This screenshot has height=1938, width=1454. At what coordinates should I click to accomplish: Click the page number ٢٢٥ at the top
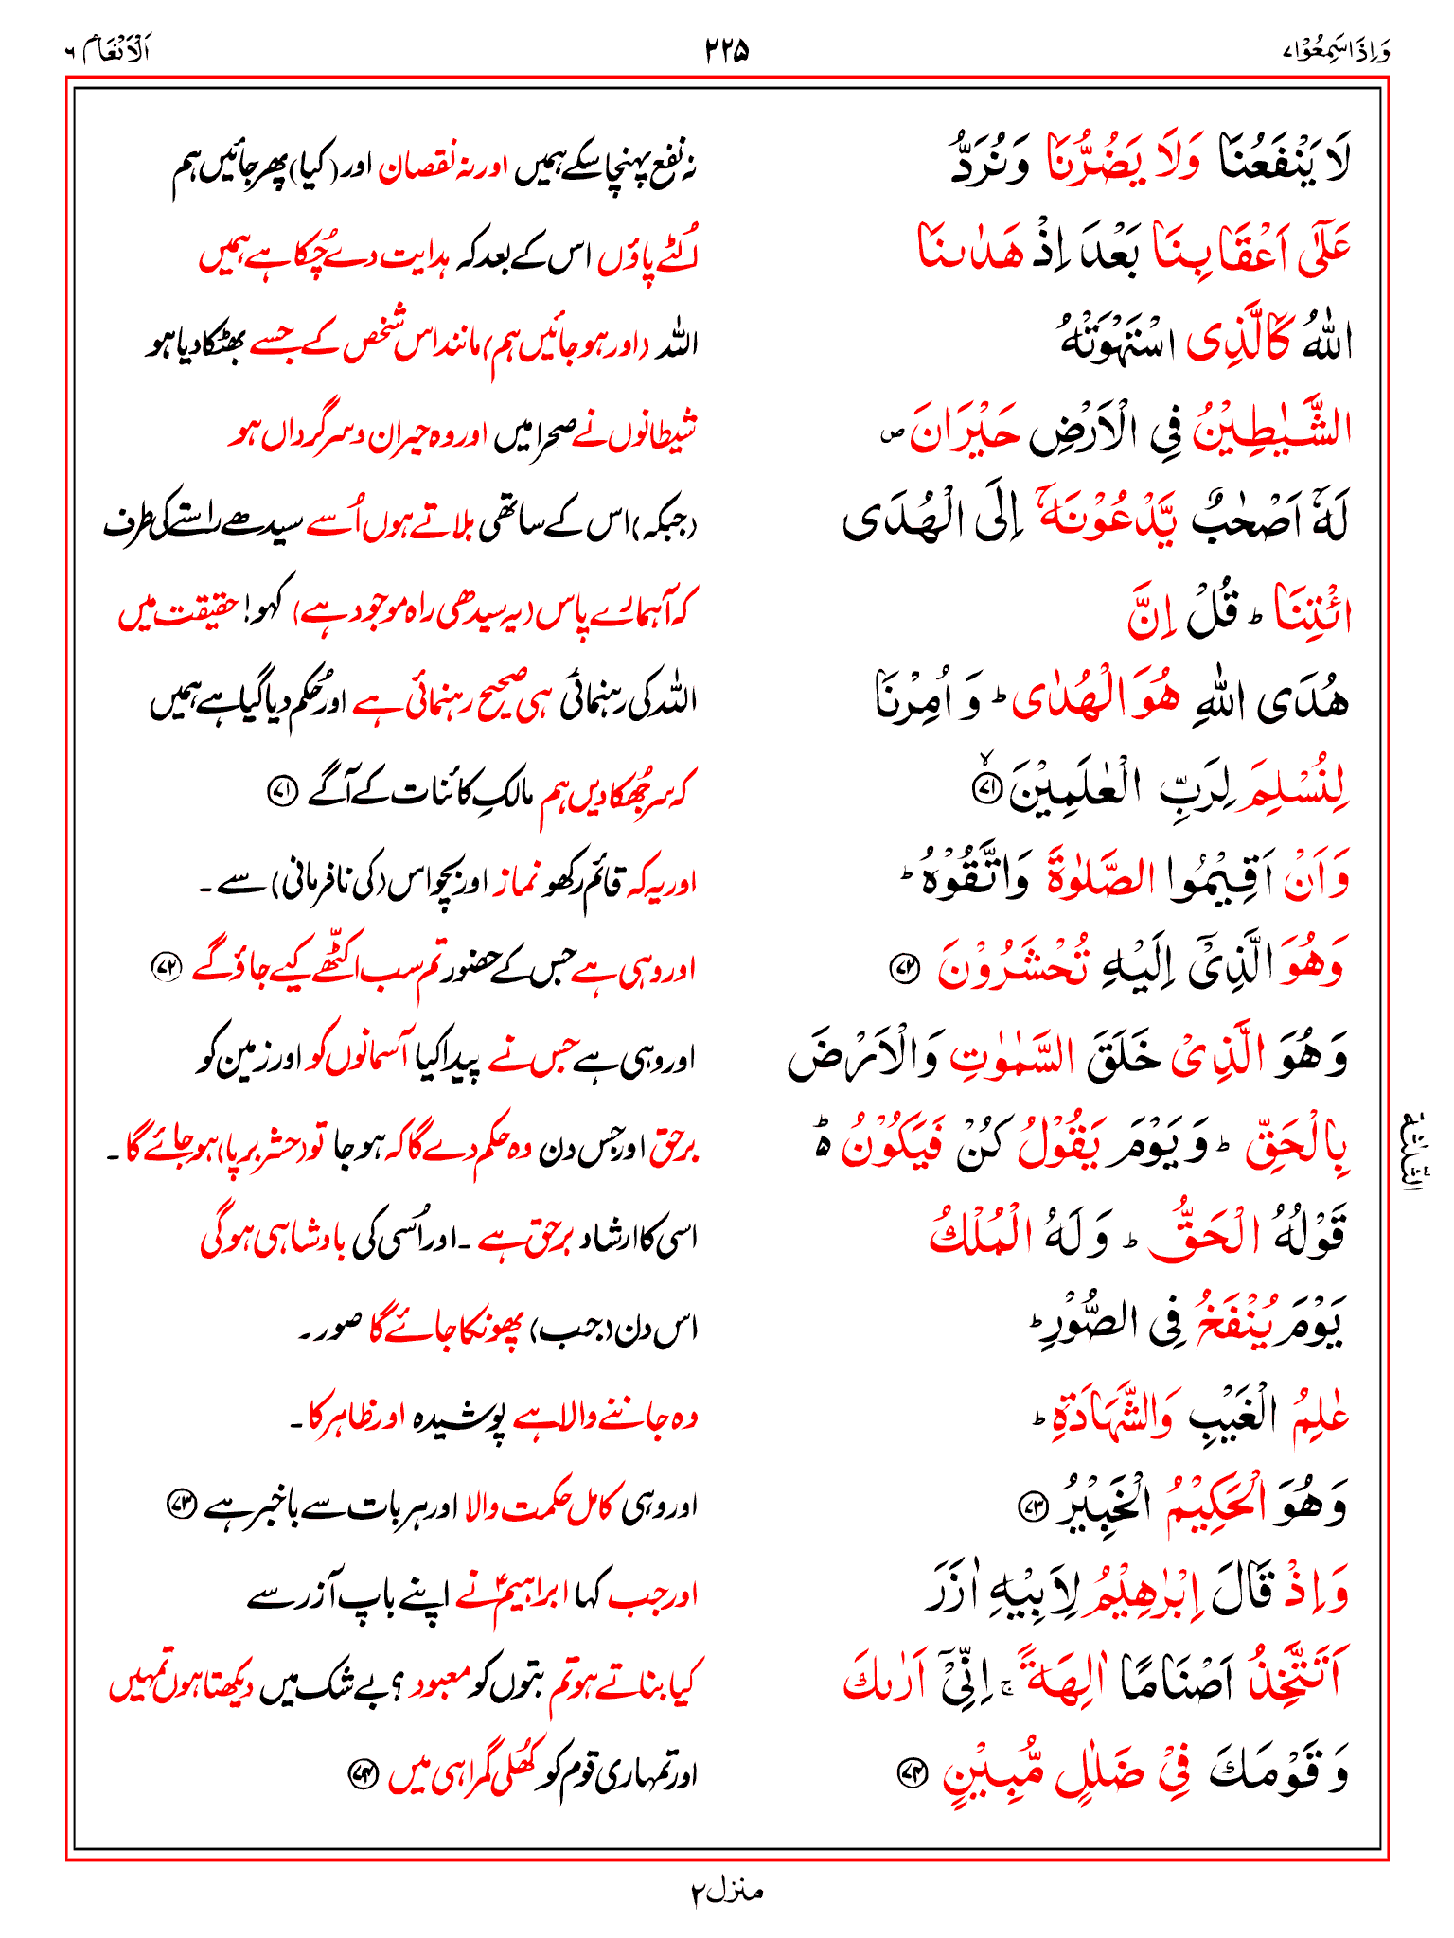click(x=727, y=49)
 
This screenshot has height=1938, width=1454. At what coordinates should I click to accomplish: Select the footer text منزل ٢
click(x=726, y=1891)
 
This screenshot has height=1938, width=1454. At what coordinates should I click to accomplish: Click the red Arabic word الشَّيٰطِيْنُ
click(x=1271, y=431)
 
